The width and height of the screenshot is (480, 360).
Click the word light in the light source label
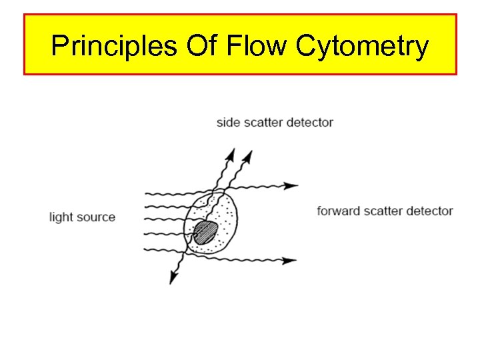coord(61,217)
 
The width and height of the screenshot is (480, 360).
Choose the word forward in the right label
coord(339,211)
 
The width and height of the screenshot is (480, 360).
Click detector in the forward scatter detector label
coord(431,211)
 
